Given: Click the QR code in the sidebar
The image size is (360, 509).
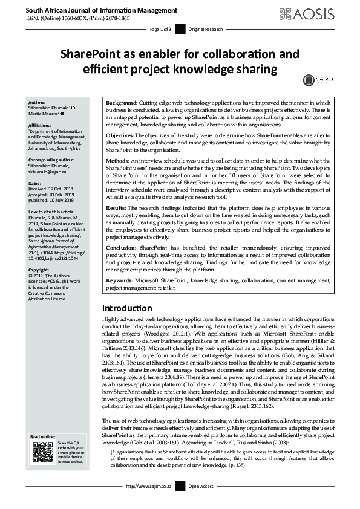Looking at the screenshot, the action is coord(42,452).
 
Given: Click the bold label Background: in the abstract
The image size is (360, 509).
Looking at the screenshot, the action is coord(122,103).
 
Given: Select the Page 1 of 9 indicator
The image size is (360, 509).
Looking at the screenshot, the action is coord(161,29).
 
